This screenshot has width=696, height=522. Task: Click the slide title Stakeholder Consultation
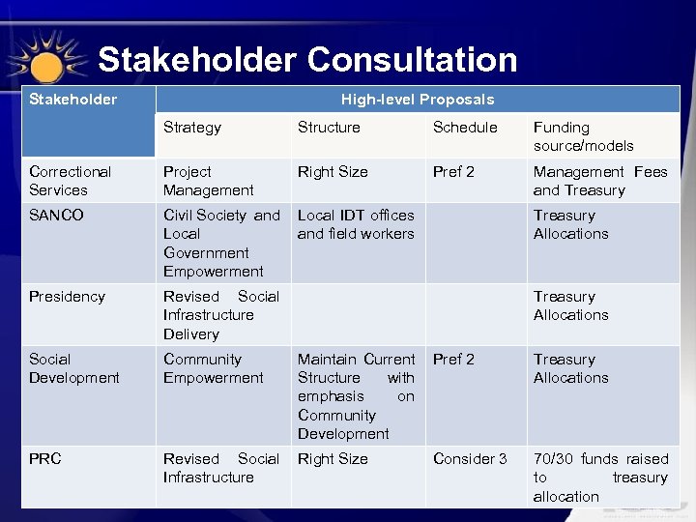pos(307,60)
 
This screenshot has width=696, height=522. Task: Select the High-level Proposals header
pos(417,100)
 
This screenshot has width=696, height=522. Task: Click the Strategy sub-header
pos(192,128)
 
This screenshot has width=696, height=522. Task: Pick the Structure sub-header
pos(329,128)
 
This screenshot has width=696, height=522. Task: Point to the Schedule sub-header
pos(465,128)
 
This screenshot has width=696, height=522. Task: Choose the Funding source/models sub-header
pos(583,136)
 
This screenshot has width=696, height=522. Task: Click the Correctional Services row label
pos(70,181)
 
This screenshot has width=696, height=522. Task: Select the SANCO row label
pos(56,216)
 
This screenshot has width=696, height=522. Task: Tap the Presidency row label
pos(67,297)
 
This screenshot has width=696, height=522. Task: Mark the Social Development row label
pos(73,368)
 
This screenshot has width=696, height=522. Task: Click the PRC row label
pos(44,459)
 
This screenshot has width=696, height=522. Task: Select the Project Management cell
pos(208,181)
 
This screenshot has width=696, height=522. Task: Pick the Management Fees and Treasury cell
pos(599,181)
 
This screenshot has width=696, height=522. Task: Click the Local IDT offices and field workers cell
pos(356,224)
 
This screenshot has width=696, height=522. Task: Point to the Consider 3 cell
pos(470,459)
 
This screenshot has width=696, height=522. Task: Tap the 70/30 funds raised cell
pos(599,478)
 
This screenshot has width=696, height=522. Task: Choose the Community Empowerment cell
pos(213,368)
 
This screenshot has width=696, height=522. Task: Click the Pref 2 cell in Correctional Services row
pos(453,172)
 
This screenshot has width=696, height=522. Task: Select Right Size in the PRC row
pos(333,459)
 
